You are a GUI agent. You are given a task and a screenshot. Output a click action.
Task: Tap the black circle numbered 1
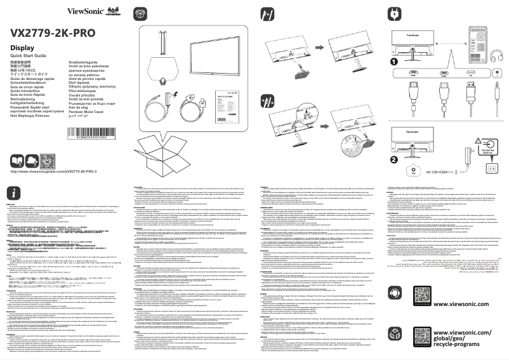[393, 62]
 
